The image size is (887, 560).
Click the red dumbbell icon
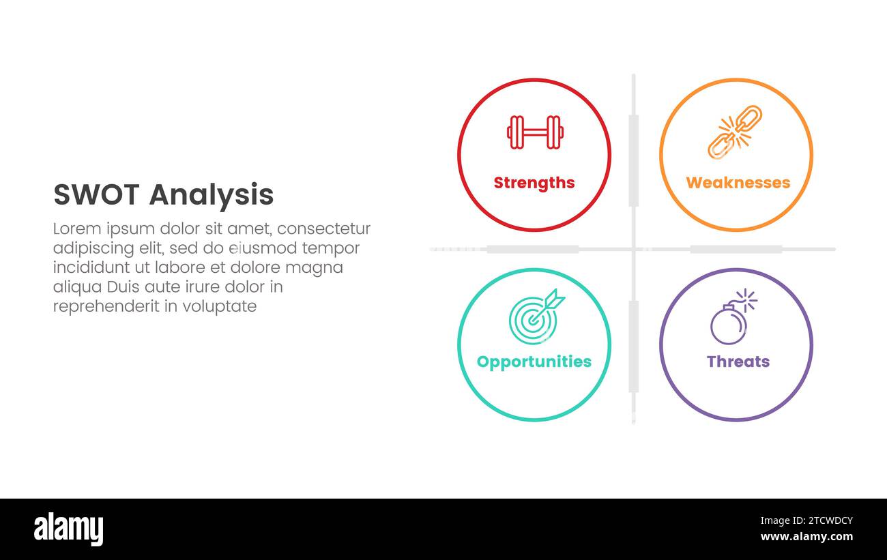click(x=535, y=132)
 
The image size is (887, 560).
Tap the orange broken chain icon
click(x=735, y=132)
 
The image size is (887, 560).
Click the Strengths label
click(x=534, y=183)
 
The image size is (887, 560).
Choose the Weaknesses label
click(x=738, y=183)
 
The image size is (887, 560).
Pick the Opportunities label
click(x=534, y=362)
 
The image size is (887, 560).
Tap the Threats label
click(x=738, y=362)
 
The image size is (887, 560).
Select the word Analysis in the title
click(x=211, y=195)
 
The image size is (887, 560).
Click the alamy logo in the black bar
click(x=68, y=529)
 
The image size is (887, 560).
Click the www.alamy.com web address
click(x=806, y=537)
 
